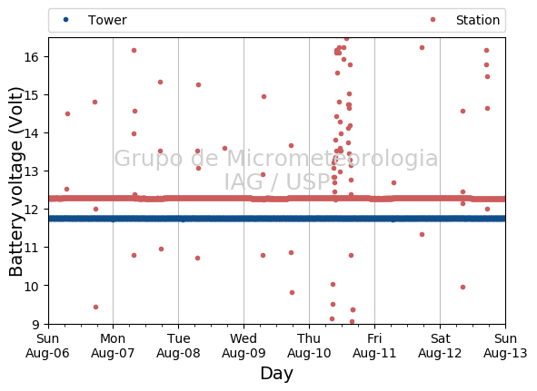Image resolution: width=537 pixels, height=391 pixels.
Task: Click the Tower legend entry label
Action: pyautogui.click(x=107, y=20)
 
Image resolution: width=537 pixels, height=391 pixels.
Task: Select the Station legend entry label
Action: pyautogui.click(x=478, y=20)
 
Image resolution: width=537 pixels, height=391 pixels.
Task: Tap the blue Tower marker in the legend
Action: pyautogui.click(x=65, y=20)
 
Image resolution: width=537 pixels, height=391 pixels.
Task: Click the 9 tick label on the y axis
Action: pyautogui.click(x=35, y=324)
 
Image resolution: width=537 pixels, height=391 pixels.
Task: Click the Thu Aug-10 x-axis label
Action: pyautogui.click(x=309, y=346)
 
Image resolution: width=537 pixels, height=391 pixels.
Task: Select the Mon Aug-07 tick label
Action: pyautogui.click(x=113, y=346)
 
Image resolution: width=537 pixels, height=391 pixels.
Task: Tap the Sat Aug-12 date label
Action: pyautogui.click(x=440, y=346)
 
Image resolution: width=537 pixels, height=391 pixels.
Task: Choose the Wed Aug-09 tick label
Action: pyautogui.click(x=244, y=346)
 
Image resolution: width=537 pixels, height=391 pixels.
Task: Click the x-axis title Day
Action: pyautogui.click(x=277, y=374)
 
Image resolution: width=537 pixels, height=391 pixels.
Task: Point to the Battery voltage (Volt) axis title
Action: pyautogui.click(x=15, y=181)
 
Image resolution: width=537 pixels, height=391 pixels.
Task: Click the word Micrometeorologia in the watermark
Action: pyautogui.click(x=332, y=159)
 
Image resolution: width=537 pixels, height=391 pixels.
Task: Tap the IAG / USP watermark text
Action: pyautogui.click(x=277, y=181)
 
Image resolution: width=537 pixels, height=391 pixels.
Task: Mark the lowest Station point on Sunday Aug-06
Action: pyautogui.click(x=96, y=308)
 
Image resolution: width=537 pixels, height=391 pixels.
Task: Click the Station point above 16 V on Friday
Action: pyautogui.click(x=422, y=47)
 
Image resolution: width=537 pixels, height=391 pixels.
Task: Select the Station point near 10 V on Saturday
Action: pyautogui.click(x=462, y=287)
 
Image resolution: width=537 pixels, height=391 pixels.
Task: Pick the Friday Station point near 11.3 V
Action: pyautogui.click(x=422, y=234)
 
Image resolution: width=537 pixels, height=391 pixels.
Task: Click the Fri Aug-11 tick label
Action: pyautogui.click(x=374, y=346)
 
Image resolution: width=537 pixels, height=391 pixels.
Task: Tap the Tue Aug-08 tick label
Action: pyautogui.click(x=178, y=346)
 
